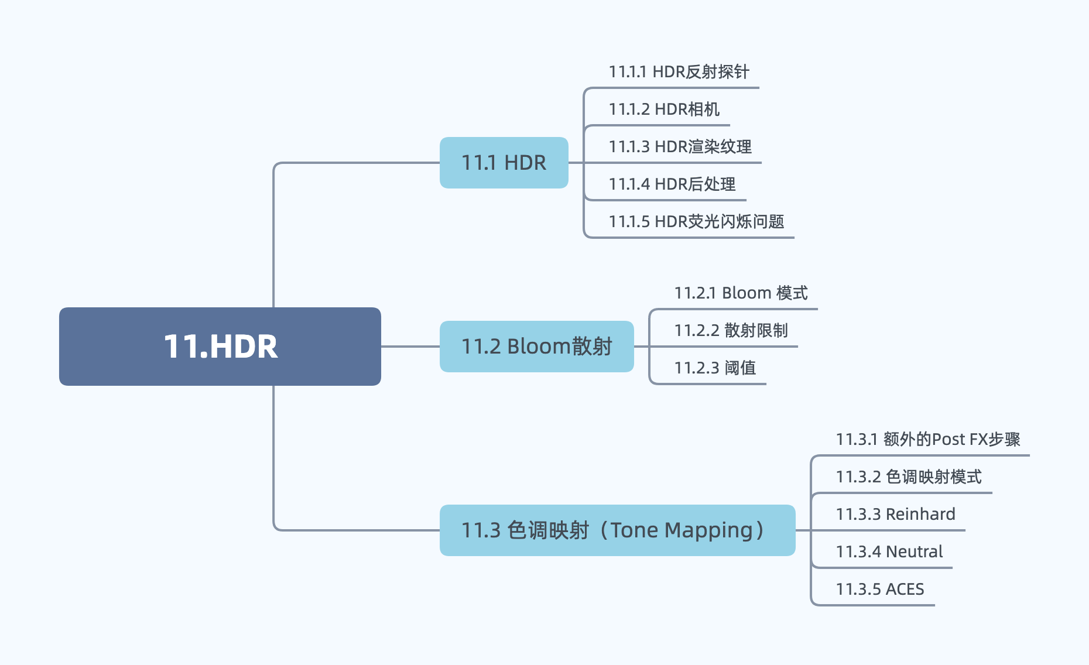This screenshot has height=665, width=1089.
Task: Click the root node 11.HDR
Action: (x=220, y=346)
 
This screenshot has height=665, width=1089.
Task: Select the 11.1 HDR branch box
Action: (x=504, y=163)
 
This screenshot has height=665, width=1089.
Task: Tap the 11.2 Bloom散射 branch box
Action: (x=536, y=347)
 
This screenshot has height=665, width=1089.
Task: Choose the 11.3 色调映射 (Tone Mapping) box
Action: (x=617, y=530)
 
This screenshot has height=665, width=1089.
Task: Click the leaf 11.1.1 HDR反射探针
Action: (x=679, y=72)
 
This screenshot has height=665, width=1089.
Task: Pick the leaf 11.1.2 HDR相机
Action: (x=664, y=109)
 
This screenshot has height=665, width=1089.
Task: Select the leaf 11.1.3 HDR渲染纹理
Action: (x=680, y=147)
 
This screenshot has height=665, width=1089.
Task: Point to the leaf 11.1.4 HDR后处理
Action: (x=672, y=184)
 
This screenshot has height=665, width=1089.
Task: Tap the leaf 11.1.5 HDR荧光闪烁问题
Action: (x=696, y=222)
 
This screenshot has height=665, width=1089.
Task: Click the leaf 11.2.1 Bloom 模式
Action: (x=741, y=293)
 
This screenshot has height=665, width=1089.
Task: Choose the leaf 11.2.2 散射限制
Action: (x=731, y=331)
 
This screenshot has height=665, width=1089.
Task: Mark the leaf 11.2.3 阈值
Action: (x=715, y=368)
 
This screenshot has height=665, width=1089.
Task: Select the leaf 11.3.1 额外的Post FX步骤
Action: (x=927, y=440)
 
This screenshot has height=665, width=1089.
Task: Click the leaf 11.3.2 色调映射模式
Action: (x=908, y=477)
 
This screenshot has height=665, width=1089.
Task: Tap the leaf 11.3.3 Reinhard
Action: (x=895, y=515)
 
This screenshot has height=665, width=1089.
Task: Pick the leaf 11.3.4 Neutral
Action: (x=889, y=552)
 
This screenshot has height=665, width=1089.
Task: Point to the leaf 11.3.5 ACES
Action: (x=879, y=589)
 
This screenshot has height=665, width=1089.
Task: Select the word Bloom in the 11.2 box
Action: (x=539, y=347)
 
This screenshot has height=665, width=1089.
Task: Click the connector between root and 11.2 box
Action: (x=410, y=347)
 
